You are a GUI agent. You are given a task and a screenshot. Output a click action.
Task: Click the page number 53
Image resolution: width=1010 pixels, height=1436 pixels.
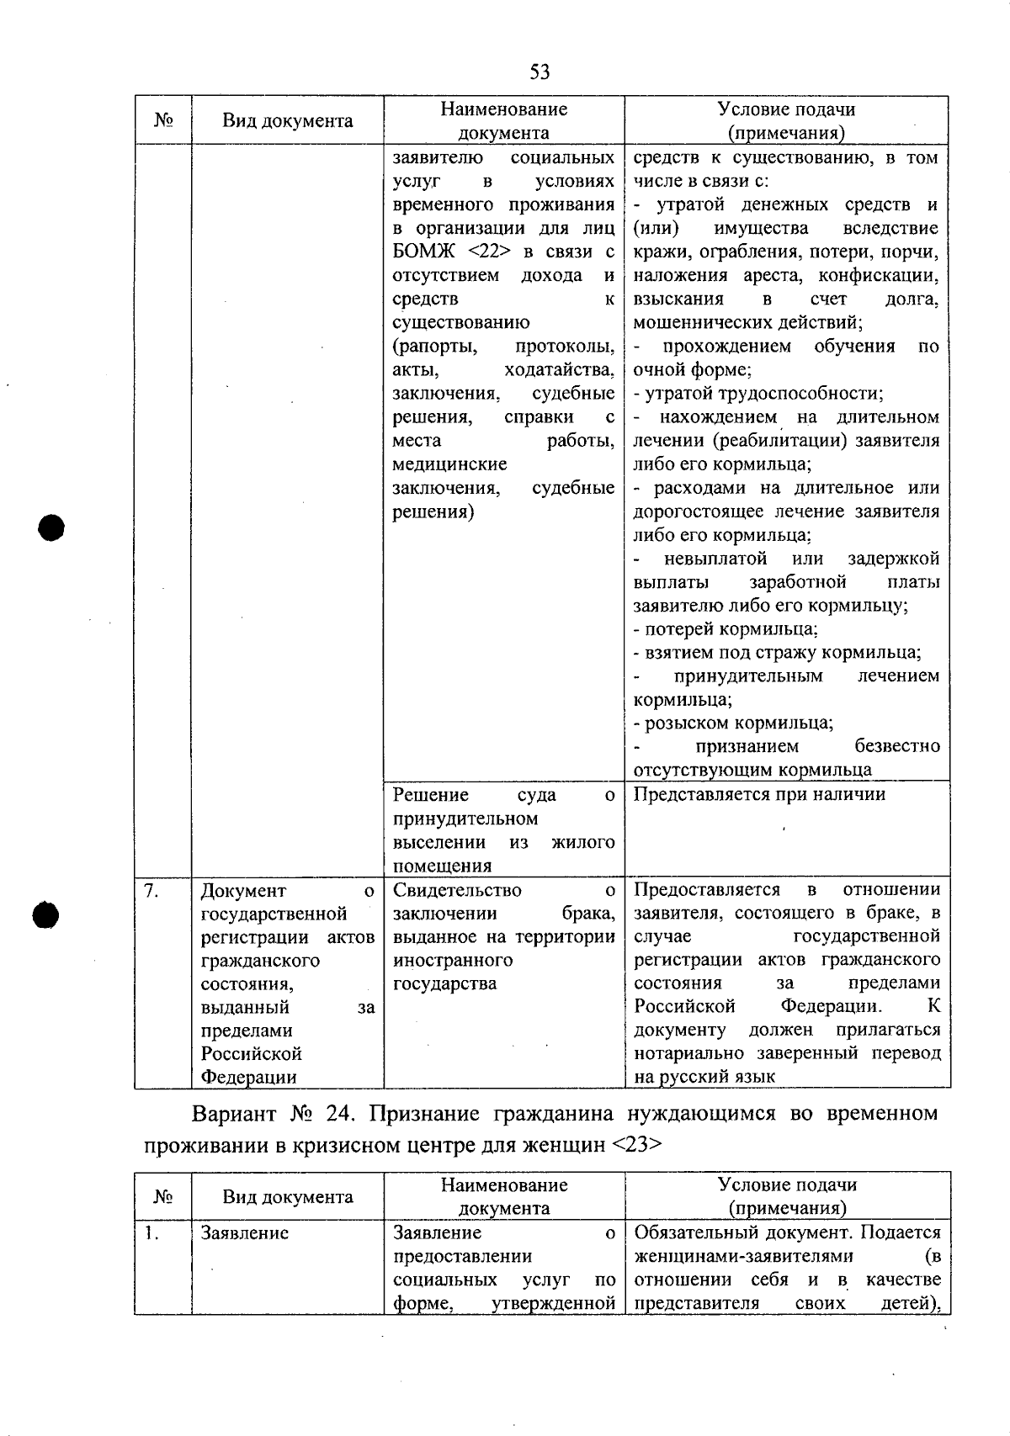(x=540, y=72)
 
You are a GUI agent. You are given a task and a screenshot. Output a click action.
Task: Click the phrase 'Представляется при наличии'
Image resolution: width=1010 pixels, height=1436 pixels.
(x=759, y=794)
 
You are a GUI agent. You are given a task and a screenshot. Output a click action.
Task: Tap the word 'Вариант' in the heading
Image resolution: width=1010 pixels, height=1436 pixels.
(x=235, y=1114)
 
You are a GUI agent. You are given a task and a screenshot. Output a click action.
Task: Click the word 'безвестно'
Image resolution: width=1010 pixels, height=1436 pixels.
(x=897, y=746)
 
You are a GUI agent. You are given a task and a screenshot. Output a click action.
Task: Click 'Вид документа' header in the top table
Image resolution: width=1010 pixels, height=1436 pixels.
(x=288, y=121)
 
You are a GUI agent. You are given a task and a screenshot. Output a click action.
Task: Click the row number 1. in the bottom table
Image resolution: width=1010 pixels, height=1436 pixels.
(x=151, y=1233)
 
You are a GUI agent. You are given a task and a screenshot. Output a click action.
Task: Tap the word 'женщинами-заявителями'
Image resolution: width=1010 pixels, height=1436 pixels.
(x=743, y=1256)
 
